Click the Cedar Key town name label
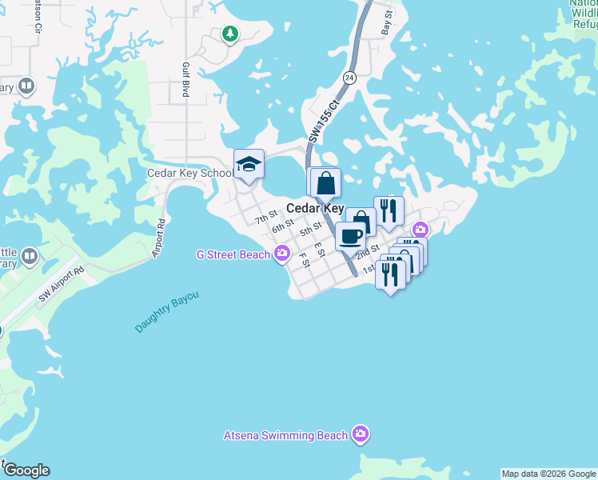pyautogui.click(x=315, y=208)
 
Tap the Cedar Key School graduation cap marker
pyautogui.click(x=249, y=165)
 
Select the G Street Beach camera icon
pyautogui.click(x=281, y=254)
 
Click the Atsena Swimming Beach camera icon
pyautogui.click(x=361, y=435)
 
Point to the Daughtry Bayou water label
pyautogui.click(x=165, y=313)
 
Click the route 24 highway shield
pyautogui.click(x=349, y=78)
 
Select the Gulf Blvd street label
pyautogui.click(x=185, y=80)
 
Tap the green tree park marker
pyautogui.click(x=230, y=34)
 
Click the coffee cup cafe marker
pyautogui.click(x=350, y=235)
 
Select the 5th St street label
pyautogui.click(x=310, y=229)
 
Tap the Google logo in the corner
pyautogui.click(x=26, y=470)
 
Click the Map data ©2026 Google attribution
pyautogui.click(x=548, y=474)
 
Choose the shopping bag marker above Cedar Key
pyautogui.click(x=325, y=183)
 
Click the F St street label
pyautogui.click(x=304, y=260)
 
